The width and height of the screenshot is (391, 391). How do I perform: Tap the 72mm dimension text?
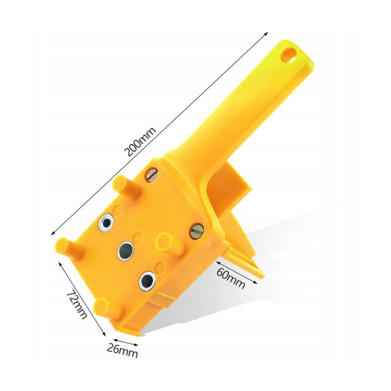[76, 304]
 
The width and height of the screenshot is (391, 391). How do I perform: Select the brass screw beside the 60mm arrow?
[197, 231]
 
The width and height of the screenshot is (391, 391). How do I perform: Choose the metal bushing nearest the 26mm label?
[147, 281]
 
